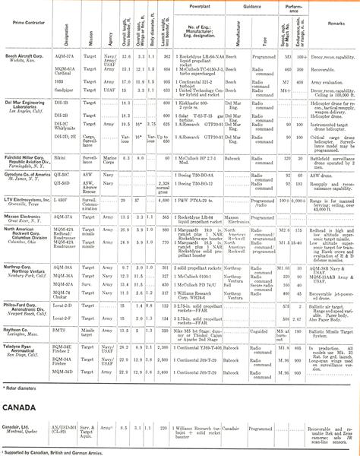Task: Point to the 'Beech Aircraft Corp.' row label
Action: coord(27,56)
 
